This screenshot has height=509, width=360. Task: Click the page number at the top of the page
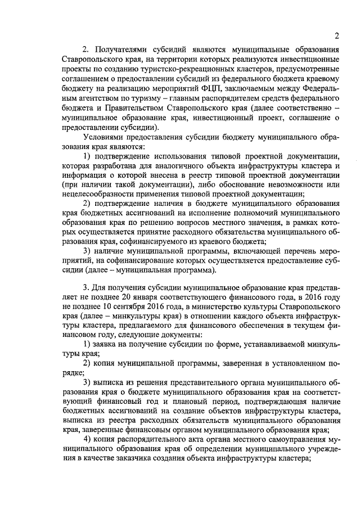(x=336, y=36)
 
